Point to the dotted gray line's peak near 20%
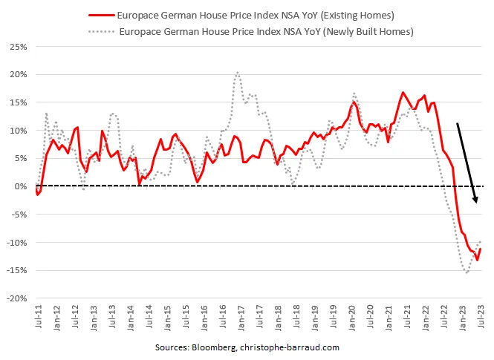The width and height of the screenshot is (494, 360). point(237,72)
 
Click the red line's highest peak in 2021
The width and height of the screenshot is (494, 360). point(403,93)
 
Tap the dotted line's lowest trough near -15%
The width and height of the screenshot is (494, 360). point(467,272)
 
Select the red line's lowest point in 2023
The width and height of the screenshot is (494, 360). point(477,260)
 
